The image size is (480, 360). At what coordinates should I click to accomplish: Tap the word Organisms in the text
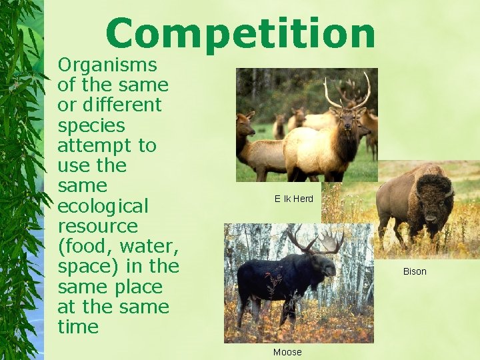pyautogui.click(x=107, y=65)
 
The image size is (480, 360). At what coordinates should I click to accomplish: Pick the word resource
pyautogui.click(x=97, y=226)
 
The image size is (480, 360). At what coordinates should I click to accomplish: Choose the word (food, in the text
pyautogui.click(x=83, y=246)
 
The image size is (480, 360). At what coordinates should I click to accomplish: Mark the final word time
pyautogui.click(x=78, y=327)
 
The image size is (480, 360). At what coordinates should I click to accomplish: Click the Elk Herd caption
pyautogui.click(x=293, y=199)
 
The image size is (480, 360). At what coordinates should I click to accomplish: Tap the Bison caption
pyautogui.click(x=415, y=271)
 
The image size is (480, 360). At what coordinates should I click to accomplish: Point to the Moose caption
pyautogui.click(x=287, y=352)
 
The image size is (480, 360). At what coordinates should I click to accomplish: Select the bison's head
pyautogui.click(x=437, y=203)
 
